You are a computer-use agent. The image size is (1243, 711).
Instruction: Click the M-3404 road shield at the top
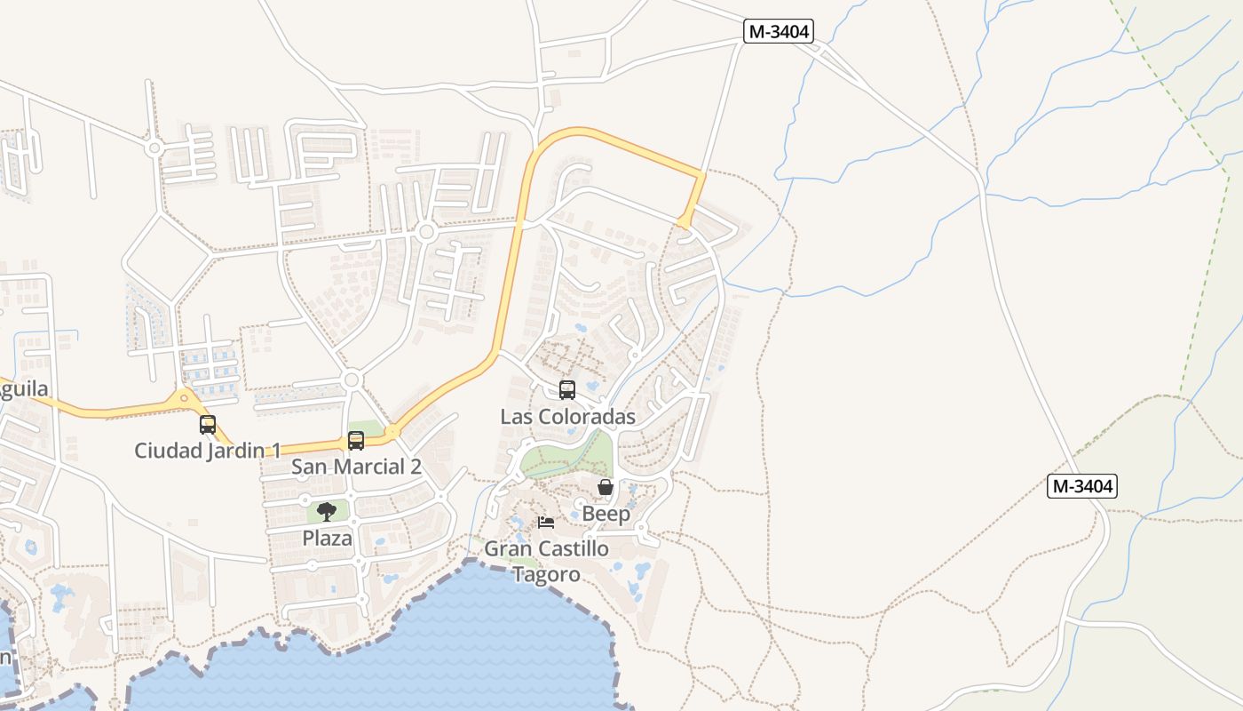coord(779,32)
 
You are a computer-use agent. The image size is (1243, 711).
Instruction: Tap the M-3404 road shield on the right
coord(1081,486)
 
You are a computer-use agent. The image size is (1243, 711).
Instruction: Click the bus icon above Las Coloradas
coord(566,389)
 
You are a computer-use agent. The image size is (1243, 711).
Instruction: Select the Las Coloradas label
coord(567,417)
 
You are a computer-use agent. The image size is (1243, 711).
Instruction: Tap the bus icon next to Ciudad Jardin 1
coord(208,425)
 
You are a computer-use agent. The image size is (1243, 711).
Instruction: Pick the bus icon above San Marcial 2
coord(356,440)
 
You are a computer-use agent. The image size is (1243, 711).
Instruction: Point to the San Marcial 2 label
coord(356,467)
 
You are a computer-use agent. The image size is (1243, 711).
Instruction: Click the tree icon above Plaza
coord(327,511)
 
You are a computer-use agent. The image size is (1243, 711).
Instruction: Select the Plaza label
coord(327,539)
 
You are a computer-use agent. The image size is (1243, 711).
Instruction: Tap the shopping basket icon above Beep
coord(606,487)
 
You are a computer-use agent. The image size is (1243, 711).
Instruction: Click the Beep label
coord(606,514)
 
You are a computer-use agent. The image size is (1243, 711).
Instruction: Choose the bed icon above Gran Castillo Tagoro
coord(546,522)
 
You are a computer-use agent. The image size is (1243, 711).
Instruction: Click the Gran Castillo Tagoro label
coord(546,561)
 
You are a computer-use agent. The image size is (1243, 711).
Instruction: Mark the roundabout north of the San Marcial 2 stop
coord(352,380)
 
